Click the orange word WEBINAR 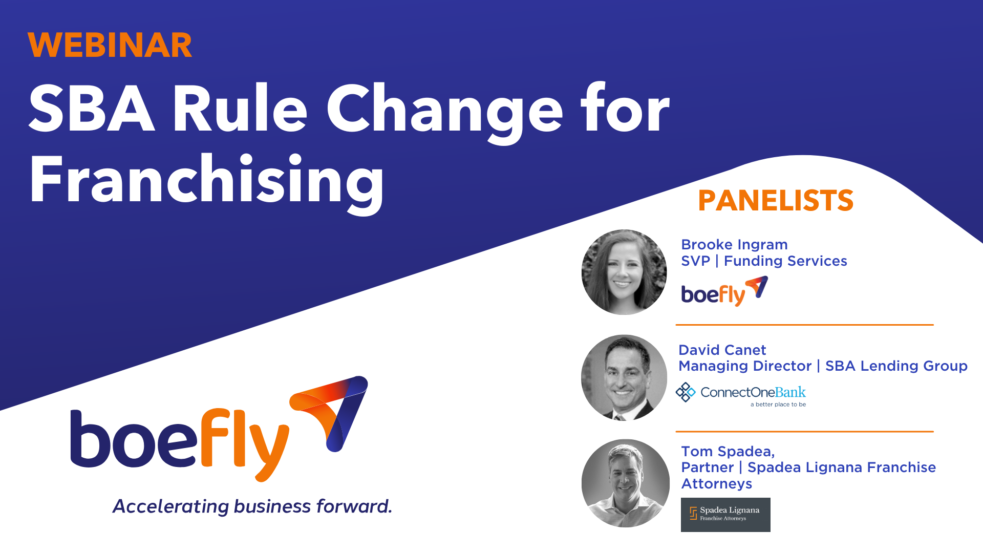pos(110,45)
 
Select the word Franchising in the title pos(206,181)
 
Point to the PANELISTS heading pos(775,201)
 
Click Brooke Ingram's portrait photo pos(624,272)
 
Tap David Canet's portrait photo pos(624,378)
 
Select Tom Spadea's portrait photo pos(625,483)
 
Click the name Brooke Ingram pos(734,245)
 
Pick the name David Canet pos(722,350)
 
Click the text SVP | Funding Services pos(763,261)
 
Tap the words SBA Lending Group pos(896,366)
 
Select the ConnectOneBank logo pos(740,393)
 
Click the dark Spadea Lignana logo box pos(725,515)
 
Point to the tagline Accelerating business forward pos(252,506)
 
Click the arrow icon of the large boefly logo pos(332,410)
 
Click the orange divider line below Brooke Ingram pos(804,325)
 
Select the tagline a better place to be pos(778,405)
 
